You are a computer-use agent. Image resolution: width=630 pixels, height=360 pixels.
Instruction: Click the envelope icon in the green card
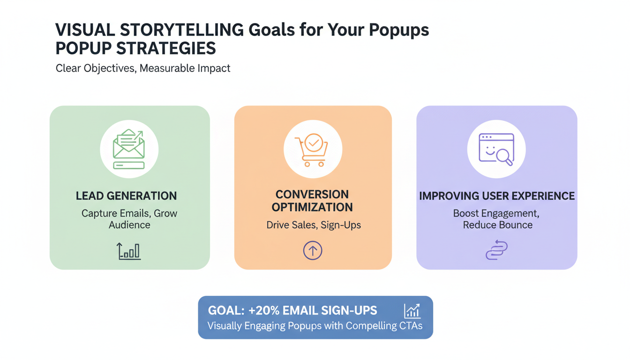[129, 150]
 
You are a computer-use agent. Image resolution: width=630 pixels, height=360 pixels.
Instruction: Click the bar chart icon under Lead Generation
[129, 251]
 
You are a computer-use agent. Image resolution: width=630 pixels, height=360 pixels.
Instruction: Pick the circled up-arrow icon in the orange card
[313, 251]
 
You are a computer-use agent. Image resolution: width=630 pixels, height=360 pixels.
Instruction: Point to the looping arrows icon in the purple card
[496, 251]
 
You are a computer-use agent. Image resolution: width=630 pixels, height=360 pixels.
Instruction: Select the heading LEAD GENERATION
[127, 196]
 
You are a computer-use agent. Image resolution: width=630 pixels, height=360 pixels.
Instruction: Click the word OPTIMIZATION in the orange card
[312, 207]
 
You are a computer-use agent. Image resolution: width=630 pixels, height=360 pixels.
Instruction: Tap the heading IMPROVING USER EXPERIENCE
[497, 196]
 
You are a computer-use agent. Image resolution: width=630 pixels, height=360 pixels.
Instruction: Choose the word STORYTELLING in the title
[186, 30]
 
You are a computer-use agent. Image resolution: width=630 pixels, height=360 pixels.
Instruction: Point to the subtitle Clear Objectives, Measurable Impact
[143, 68]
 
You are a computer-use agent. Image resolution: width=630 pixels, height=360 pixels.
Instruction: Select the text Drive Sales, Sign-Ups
[314, 225]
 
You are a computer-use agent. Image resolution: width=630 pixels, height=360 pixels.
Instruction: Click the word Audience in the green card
[129, 225]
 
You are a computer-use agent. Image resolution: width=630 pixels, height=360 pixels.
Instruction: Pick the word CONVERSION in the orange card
[312, 194]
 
